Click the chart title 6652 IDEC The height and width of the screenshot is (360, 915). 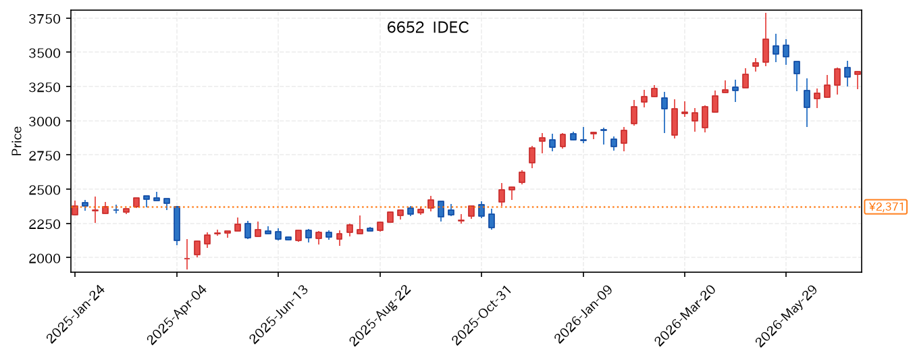click(x=427, y=28)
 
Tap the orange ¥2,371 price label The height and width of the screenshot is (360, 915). click(x=885, y=207)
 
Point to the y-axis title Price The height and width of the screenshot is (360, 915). click(x=16, y=141)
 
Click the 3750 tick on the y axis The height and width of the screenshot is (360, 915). click(x=45, y=19)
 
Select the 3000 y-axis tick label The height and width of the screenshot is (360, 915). click(x=45, y=122)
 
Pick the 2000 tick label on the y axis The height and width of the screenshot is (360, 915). click(x=45, y=258)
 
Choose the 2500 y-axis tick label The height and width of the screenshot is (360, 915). click(x=45, y=190)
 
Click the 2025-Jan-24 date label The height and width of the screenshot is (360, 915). click(x=75, y=315)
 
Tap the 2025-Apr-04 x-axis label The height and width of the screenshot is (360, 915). click(x=176, y=315)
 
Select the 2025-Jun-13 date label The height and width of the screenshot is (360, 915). click(x=279, y=315)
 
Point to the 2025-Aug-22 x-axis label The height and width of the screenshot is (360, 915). click(x=380, y=316)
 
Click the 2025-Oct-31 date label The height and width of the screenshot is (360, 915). click(x=481, y=315)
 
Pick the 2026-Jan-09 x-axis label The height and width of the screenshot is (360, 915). click(x=583, y=315)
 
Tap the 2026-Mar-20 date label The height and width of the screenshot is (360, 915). click(x=685, y=316)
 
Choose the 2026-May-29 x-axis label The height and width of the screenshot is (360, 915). click(x=786, y=316)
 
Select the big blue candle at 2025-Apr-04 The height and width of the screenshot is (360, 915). click(x=177, y=224)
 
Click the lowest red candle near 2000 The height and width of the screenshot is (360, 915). click(x=187, y=258)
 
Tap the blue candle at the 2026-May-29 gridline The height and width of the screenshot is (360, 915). click(x=786, y=51)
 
